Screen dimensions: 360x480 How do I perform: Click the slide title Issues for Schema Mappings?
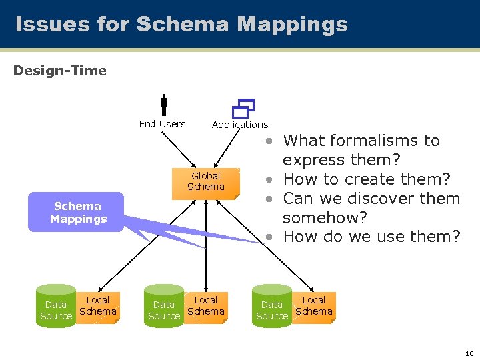[x=181, y=25]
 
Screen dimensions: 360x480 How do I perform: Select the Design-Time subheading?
[x=60, y=71]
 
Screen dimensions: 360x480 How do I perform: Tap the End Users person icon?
[x=163, y=105]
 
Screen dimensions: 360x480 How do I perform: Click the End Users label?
[x=162, y=124]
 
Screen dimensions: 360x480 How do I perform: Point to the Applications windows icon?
[x=243, y=107]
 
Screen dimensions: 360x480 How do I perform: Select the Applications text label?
[x=240, y=125]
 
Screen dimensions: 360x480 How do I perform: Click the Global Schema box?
[x=205, y=181]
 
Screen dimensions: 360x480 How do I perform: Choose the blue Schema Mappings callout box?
[x=77, y=213]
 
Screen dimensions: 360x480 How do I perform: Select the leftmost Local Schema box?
[x=98, y=306]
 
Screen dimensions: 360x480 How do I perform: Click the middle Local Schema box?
[x=206, y=306]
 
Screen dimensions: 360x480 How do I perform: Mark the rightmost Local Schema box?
[x=314, y=306]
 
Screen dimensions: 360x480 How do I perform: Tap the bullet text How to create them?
[x=367, y=179]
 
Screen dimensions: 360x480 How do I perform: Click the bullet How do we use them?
[x=371, y=237]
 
